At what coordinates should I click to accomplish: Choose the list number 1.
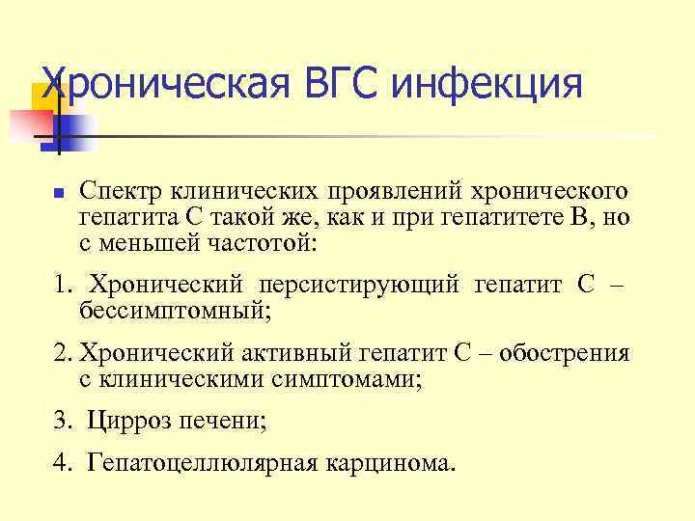62,286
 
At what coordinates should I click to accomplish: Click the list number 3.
62,421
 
